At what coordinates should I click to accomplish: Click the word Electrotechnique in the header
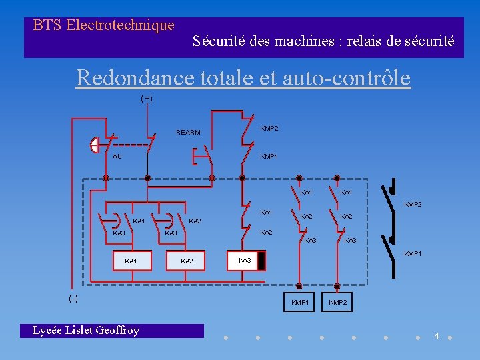coord(121,25)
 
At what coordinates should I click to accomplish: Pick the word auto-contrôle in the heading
coord(347,78)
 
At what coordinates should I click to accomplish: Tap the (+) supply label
coord(147,99)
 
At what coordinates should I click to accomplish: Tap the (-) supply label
coord(73,298)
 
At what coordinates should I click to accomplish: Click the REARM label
coord(188,133)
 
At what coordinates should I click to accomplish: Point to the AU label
coord(117,157)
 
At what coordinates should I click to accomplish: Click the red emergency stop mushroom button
coord(94,145)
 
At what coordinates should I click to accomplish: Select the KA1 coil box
coord(131,261)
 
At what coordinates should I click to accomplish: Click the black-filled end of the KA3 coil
coord(262,260)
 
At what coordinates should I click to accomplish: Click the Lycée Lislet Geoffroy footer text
coord(86,331)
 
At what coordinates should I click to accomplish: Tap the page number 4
coord(437,335)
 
